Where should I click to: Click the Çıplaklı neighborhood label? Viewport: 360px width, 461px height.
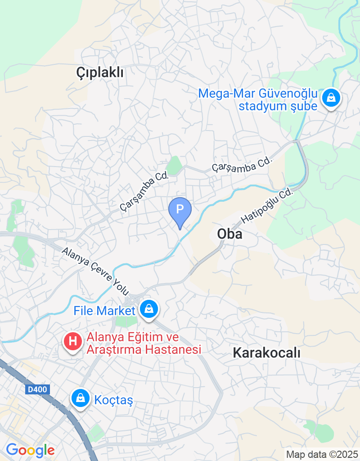[99, 72]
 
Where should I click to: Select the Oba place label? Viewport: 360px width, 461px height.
[229, 234]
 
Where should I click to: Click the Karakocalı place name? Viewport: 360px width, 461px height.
[266, 353]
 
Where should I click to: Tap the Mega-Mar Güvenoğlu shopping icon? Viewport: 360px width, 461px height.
[331, 97]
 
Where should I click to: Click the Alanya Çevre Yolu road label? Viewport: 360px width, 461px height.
[95, 270]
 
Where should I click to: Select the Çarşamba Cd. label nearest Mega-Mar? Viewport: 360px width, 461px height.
[243, 165]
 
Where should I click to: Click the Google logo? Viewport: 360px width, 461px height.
[30, 450]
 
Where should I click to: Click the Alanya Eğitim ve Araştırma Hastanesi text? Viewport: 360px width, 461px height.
[144, 343]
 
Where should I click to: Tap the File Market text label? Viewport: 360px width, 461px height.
[104, 311]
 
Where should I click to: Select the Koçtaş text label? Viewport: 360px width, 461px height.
[114, 399]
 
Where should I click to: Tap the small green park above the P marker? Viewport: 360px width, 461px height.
[175, 164]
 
